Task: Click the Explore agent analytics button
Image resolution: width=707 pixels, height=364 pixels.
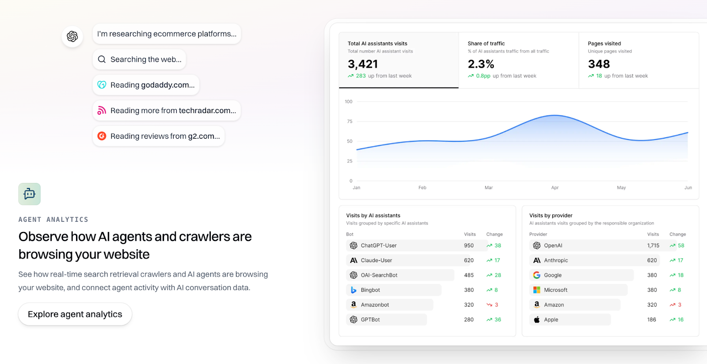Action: click(75, 314)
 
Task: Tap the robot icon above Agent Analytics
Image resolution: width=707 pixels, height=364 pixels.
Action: click(30, 194)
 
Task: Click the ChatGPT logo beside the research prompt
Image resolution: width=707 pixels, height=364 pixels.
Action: click(72, 36)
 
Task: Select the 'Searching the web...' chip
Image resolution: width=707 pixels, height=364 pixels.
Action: click(139, 59)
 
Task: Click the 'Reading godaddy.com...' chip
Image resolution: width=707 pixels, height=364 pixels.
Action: click(146, 85)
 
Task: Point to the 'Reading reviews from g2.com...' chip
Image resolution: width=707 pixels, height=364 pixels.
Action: click(159, 136)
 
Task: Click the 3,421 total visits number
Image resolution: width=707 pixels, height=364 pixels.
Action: click(363, 64)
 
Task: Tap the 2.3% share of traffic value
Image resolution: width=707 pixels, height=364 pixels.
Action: click(481, 64)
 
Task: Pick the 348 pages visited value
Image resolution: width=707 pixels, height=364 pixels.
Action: click(599, 64)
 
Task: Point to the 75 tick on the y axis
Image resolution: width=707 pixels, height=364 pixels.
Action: click(350, 121)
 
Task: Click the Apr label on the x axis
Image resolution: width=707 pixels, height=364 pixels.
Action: click(555, 188)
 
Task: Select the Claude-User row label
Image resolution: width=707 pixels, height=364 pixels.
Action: click(376, 260)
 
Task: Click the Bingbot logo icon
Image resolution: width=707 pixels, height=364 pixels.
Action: click(353, 290)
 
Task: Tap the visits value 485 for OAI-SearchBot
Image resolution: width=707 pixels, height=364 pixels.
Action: click(469, 275)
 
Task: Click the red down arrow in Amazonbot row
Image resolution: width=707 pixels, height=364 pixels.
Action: click(489, 305)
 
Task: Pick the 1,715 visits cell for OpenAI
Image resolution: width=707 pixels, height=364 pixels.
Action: click(653, 246)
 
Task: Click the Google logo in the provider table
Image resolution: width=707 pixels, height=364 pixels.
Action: click(536, 275)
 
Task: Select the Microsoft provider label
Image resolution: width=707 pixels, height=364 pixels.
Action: click(555, 290)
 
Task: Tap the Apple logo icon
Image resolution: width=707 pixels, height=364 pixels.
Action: click(536, 319)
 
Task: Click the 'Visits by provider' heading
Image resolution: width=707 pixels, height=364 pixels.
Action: click(551, 216)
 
